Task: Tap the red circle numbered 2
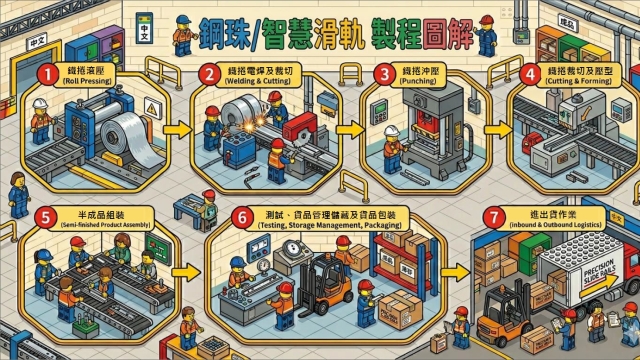point(208,74)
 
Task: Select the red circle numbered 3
point(381,73)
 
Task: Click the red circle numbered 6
point(240,215)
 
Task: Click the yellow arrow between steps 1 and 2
point(174,129)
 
